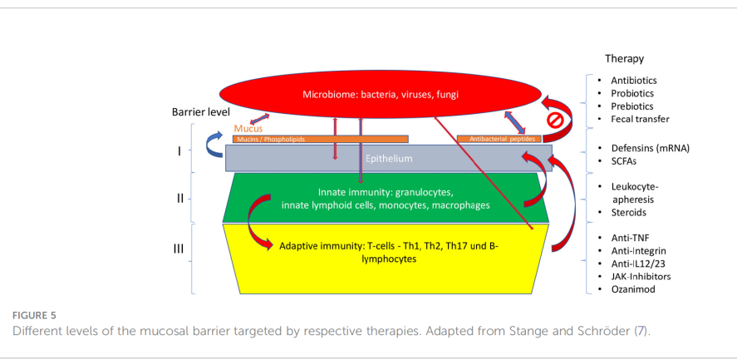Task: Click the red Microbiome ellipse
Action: click(380, 95)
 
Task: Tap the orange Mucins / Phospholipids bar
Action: click(320, 140)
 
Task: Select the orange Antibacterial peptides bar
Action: click(499, 140)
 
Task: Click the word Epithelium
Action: click(389, 159)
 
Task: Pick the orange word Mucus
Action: click(248, 129)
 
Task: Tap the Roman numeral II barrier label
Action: click(180, 199)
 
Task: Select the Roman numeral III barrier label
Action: click(179, 249)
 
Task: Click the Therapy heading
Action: click(624, 59)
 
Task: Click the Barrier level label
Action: click(201, 112)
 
